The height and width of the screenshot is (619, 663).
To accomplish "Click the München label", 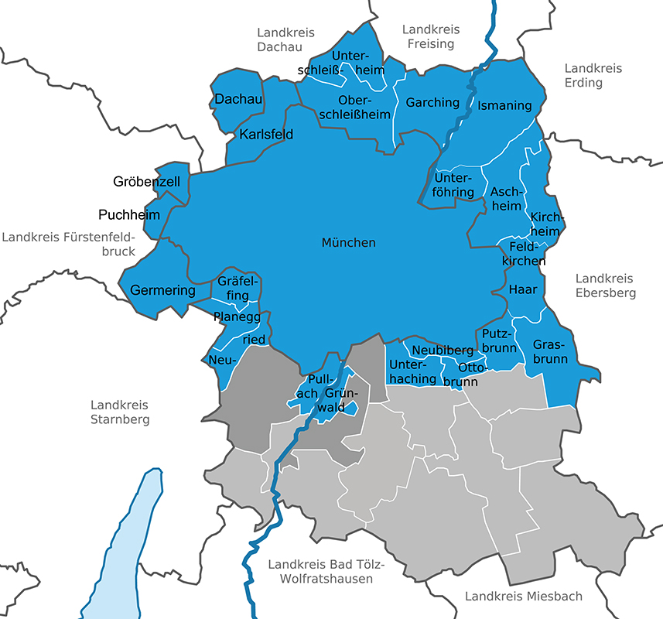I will [x=348, y=243].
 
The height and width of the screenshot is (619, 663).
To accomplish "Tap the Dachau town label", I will [x=239, y=99].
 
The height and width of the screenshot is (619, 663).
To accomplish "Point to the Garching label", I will [x=432, y=102].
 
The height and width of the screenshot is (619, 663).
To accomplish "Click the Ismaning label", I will [x=504, y=105].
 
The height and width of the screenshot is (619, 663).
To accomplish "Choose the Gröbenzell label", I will [x=146, y=182].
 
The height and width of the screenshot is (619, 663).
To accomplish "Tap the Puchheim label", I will [x=128, y=214].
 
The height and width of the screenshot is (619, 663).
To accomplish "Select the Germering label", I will [x=162, y=291].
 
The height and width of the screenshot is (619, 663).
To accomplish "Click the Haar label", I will [x=523, y=289].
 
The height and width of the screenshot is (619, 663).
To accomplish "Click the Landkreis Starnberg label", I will [x=119, y=412].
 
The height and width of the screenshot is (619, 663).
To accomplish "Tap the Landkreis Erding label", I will [x=593, y=75].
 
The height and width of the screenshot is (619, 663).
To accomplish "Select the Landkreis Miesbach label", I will [x=523, y=596].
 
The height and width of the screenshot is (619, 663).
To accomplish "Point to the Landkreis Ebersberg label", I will [x=605, y=286].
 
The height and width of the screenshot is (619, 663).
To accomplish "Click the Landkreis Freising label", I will [x=431, y=36].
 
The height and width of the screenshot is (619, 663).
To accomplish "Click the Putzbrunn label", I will [x=498, y=340].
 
